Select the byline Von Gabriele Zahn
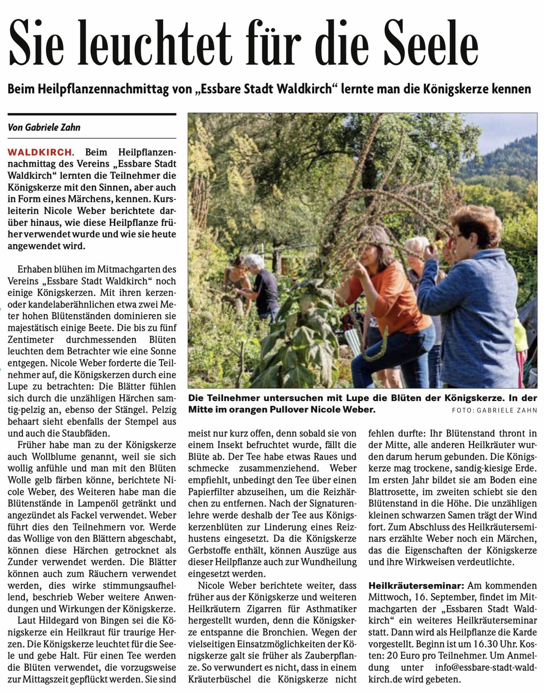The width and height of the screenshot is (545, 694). tap(44, 127)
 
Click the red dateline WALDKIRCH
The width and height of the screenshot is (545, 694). tap(40, 152)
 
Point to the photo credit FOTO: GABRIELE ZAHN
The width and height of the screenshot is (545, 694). tap(494, 410)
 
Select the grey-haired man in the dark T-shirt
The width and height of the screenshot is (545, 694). tap(261, 285)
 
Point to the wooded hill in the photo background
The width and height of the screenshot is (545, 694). tap(504, 161)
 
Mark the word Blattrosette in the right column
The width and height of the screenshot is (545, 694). tap(392, 491)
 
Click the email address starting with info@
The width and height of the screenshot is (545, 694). tap(485, 667)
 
